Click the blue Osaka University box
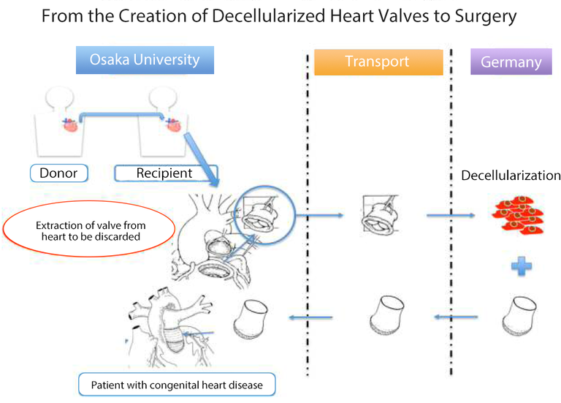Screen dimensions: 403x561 click(x=145, y=61)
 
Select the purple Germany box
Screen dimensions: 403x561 click(x=511, y=62)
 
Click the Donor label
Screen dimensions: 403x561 click(x=59, y=173)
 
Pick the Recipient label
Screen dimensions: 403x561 click(x=164, y=173)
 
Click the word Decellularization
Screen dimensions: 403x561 click(x=511, y=176)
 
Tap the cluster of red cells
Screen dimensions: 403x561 click(x=520, y=215)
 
